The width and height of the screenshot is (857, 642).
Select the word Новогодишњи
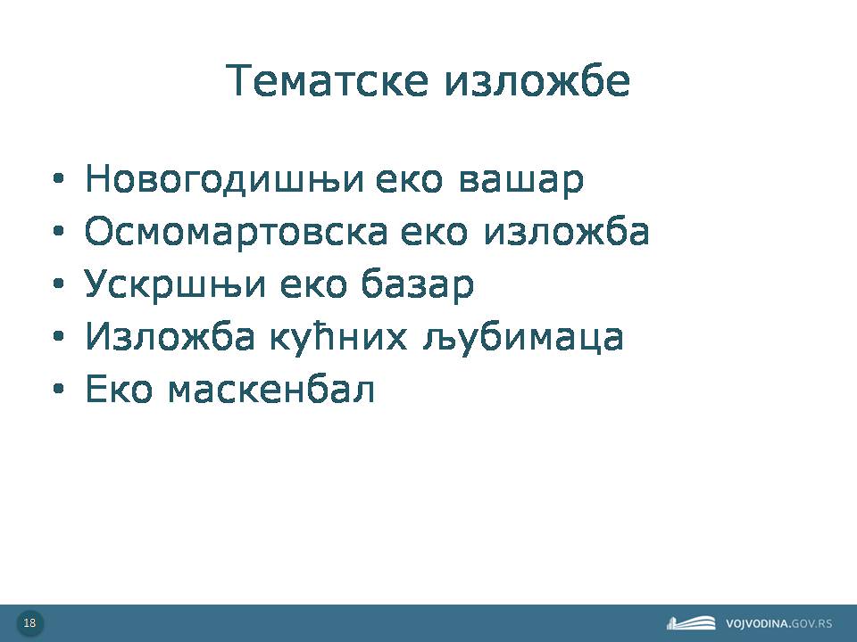coord(224,178)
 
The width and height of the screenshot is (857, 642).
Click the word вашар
coord(520,179)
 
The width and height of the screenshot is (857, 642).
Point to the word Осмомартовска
coord(236,231)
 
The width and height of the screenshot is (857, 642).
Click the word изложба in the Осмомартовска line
coord(567,231)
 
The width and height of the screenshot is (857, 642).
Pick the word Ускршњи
coord(175,284)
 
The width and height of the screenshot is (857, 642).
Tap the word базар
coord(418,284)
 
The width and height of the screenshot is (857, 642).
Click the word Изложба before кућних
coord(170,336)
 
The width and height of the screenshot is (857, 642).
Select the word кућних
coord(338,337)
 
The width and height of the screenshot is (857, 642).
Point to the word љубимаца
coord(523,337)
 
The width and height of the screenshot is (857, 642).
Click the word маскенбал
coord(271,389)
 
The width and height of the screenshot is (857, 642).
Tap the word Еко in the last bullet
coord(119,389)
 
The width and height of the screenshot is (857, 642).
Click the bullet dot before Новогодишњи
coord(59,178)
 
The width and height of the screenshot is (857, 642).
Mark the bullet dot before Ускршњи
coord(59,284)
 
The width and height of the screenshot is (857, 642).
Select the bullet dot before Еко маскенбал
coord(59,389)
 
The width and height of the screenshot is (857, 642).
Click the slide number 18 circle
coord(30,623)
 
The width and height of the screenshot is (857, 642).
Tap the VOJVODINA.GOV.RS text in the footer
coord(778,623)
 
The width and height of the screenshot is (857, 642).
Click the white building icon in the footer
coord(691,623)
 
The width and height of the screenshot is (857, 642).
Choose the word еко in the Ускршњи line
coord(313,284)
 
